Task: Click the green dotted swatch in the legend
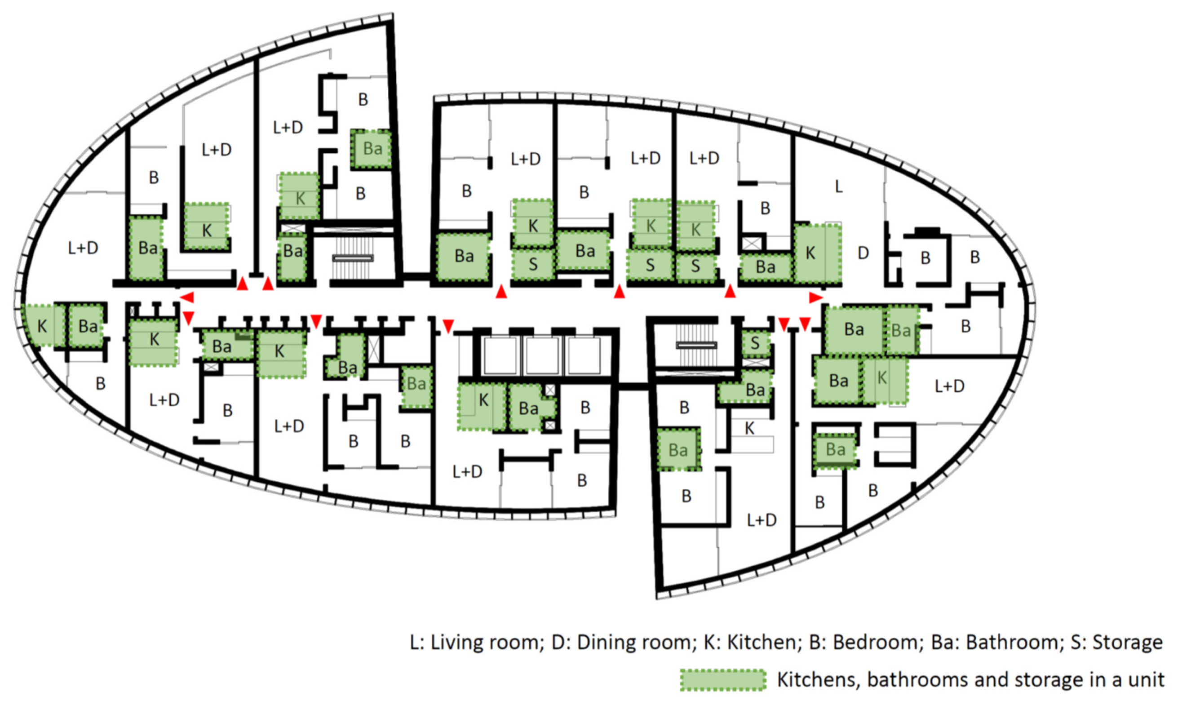tap(722, 680)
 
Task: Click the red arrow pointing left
tap(187, 297)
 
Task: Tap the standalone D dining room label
tap(863, 253)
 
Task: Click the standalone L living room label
tap(838, 187)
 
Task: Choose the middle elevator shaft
tap(542, 355)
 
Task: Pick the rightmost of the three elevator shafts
tap(584, 355)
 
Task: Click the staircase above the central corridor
tap(353, 257)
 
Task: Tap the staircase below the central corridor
tap(696, 346)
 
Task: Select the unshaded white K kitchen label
tap(749, 428)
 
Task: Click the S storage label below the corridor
tap(755, 343)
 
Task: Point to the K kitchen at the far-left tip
tap(42, 326)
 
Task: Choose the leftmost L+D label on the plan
tap(83, 248)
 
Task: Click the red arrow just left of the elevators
tap(448, 325)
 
